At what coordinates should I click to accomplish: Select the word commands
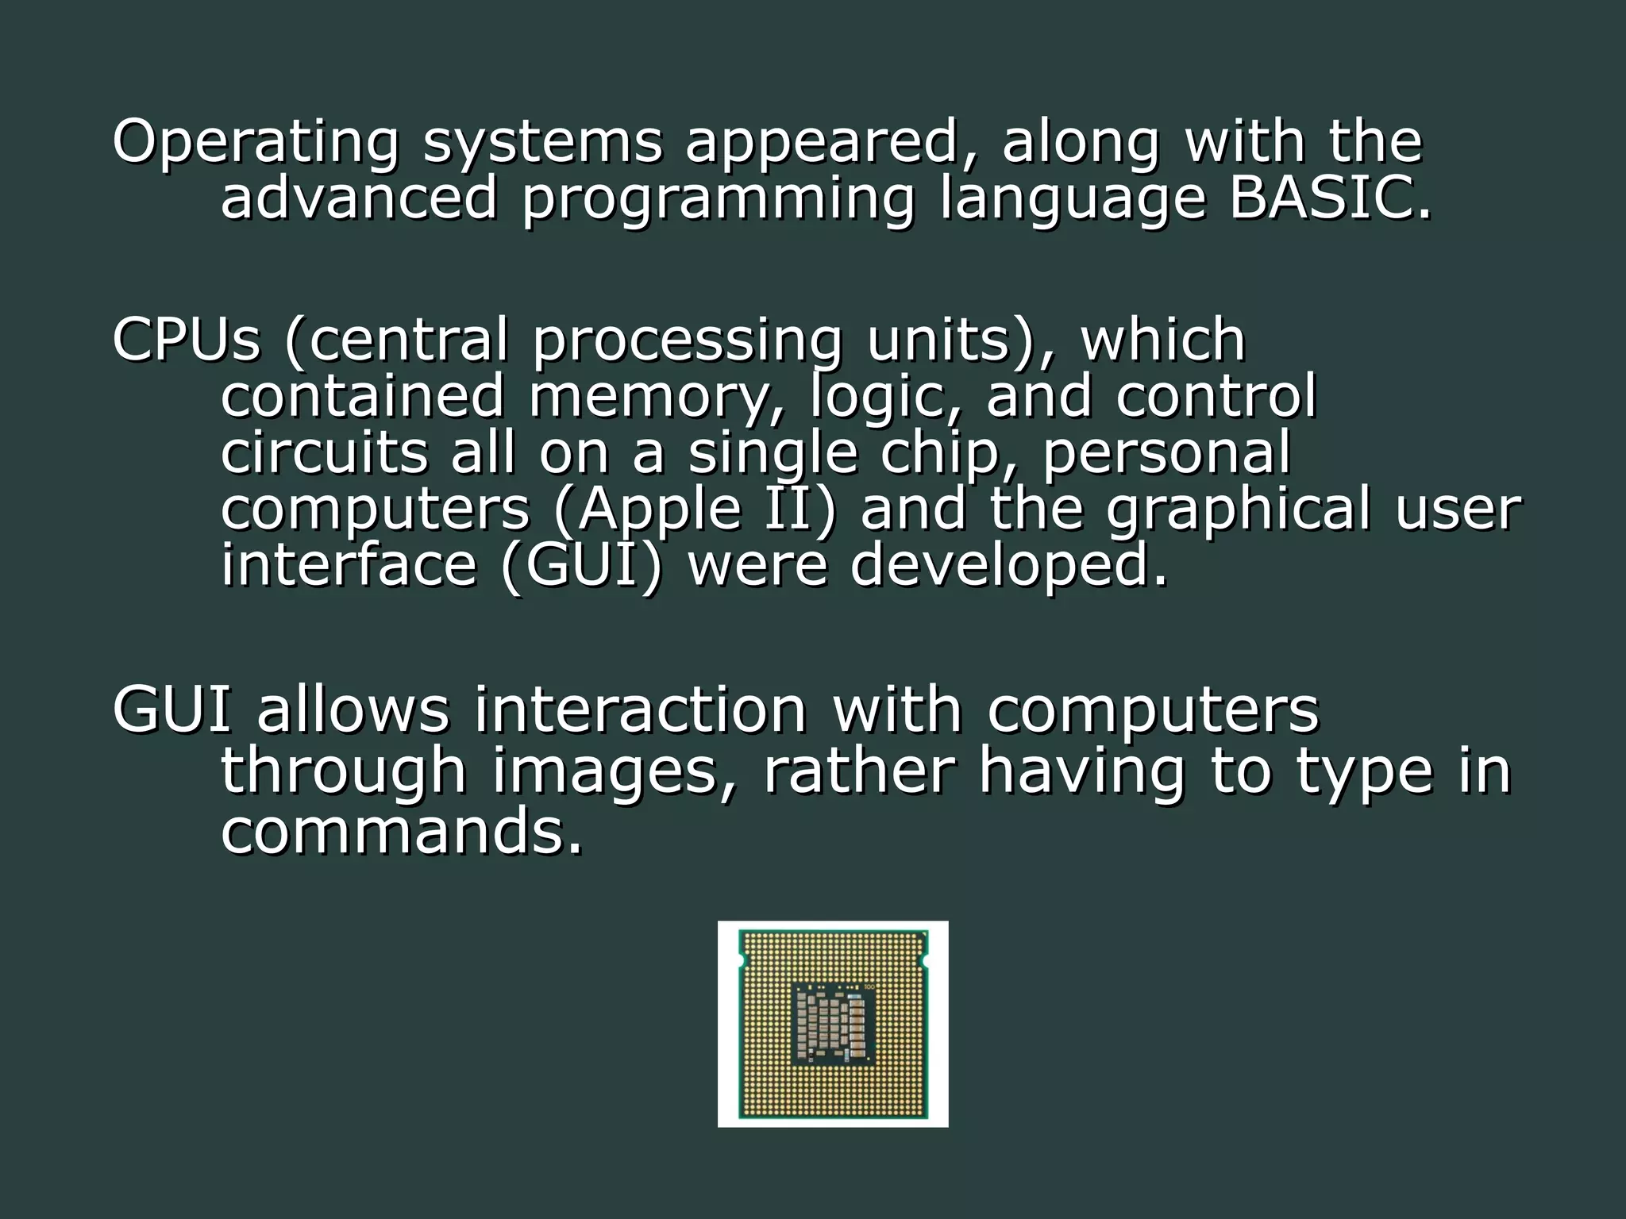tap(401, 832)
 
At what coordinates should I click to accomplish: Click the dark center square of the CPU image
tap(832, 1023)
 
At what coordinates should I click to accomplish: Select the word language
tap(1072, 200)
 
